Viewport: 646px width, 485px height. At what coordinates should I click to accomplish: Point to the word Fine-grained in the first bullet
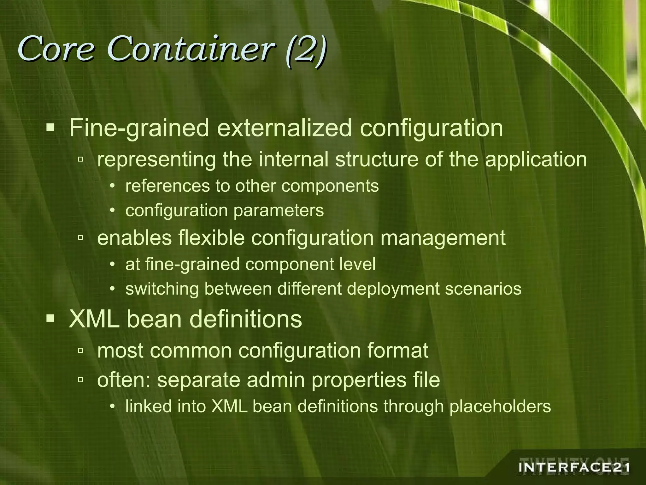coord(139,129)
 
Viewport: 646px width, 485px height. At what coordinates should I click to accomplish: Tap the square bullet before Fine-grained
coord(50,128)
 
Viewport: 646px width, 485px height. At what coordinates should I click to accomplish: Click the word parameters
coord(279,211)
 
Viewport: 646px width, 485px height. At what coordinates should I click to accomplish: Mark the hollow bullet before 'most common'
coord(80,350)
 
